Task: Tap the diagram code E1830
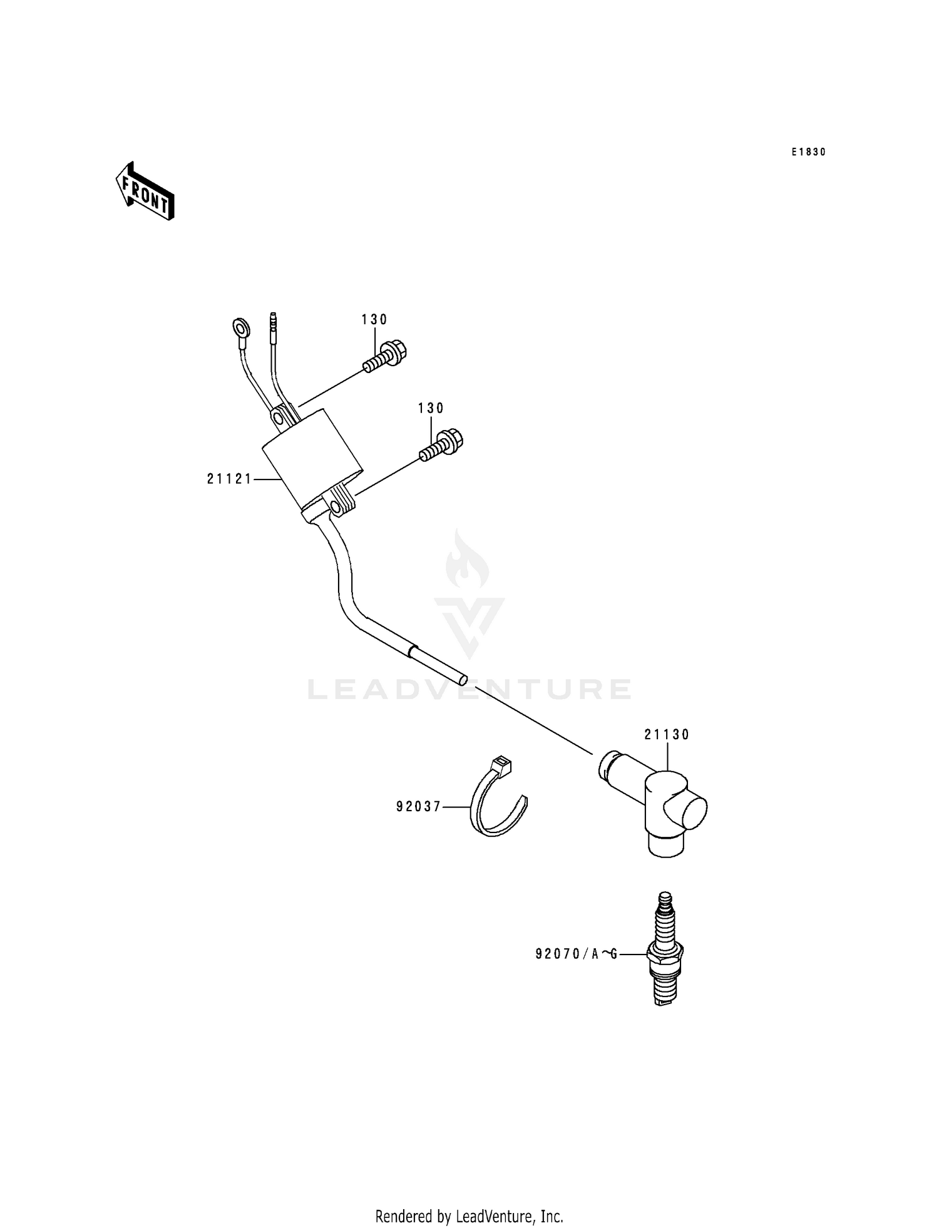[808, 152]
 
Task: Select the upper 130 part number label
[374, 320]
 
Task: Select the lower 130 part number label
[431, 409]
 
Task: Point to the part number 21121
[229, 479]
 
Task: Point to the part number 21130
[667, 735]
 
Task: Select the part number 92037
[419, 807]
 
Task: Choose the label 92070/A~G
[577, 954]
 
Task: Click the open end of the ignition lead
[462, 678]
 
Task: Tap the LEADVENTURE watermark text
[469, 690]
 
